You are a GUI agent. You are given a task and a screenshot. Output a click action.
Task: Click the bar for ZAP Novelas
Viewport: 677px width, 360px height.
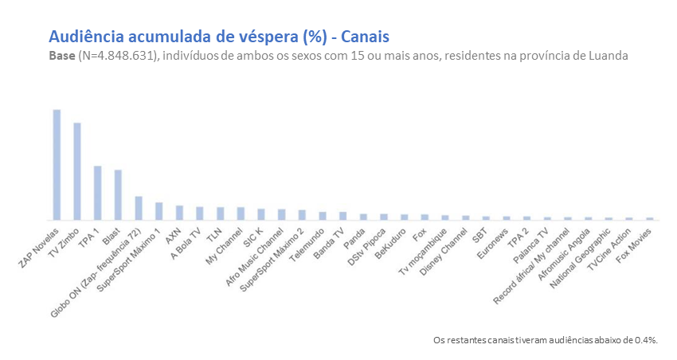tap(57, 165)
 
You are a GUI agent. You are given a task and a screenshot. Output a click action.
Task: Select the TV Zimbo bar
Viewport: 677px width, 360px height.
tap(77, 171)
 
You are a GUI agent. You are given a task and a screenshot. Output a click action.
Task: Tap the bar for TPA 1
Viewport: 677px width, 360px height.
tap(98, 193)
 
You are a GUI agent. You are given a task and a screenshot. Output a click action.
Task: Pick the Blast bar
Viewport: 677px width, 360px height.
tap(118, 195)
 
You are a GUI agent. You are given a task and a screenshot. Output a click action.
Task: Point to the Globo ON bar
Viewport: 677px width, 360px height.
tap(139, 208)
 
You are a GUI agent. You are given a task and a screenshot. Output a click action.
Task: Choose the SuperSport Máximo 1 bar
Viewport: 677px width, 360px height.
tap(158, 211)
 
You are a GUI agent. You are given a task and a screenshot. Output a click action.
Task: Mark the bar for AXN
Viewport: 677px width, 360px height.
tap(179, 213)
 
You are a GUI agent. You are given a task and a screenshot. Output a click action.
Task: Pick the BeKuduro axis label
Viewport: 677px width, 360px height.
tap(394, 242)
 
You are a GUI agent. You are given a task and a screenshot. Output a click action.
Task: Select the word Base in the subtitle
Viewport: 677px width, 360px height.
tap(63, 57)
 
